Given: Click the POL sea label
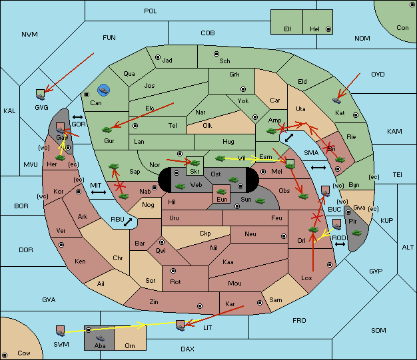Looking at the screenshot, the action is pyautogui.click(x=151, y=11).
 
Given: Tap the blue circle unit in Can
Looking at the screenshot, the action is pyautogui.click(x=103, y=90).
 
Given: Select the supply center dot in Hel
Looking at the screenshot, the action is pyautogui.click(x=328, y=29).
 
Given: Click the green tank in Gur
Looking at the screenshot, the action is pyautogui.click(x=107, y=130).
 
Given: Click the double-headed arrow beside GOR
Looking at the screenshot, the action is pyautogui.click(x=78, y=117).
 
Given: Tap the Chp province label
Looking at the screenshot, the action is pyautogui.click(x=205, y=234).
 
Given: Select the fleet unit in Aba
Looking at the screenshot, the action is pyautogui.click(x=100, y=338).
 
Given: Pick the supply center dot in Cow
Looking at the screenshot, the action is pyautogui.click(x=5, y=355).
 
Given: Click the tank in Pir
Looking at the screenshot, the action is pyautogui.click(x=356, y=233).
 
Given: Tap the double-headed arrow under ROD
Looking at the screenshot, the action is pyautogui.click(x=340, y=244).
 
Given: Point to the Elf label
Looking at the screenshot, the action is pyautogui.click(x=288, y=29).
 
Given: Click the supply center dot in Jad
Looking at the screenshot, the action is pyautogui.click(x=158, y=57).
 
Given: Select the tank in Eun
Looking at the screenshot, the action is pyautogui.click(x=222, y=191).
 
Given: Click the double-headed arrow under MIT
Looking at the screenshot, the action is pyautogui.click(x=99, y=192).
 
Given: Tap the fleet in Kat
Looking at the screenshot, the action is pyautogui.click(x=336, y=100).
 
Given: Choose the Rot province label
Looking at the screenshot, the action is pyautogui.click(x=175, y=282).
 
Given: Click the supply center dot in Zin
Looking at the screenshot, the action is pyautogui.click(x=200, y=306).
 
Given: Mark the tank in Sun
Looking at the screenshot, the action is pyautogui.click(x=260, y=201).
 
